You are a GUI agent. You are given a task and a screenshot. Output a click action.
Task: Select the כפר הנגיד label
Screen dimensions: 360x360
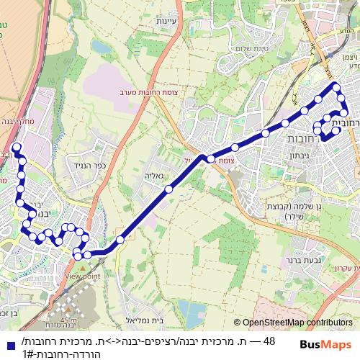(110, 165)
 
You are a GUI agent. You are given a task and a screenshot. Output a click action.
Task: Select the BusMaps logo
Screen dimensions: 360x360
(326, 344)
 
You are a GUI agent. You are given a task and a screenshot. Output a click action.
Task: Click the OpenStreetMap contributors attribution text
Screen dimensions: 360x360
(297, 323)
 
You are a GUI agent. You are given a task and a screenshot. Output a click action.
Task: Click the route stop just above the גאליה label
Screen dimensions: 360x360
(168, 189)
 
